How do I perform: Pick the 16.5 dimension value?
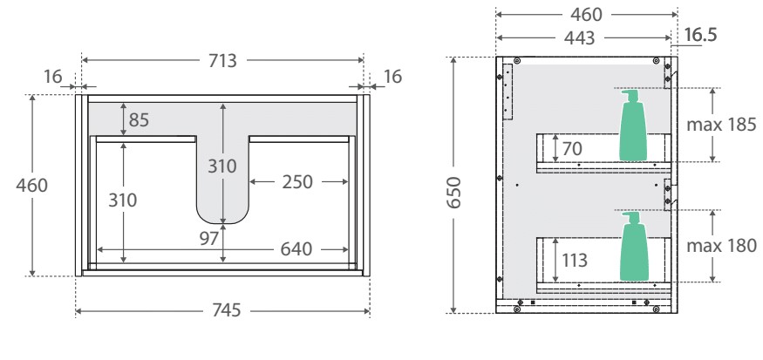pos(700,36)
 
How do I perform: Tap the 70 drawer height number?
pos(571,149)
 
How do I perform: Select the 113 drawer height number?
pos(576,259)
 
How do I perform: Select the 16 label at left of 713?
pos(54,77)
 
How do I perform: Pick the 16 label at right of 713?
pos(392,77)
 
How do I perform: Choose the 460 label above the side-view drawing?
pos(586,14)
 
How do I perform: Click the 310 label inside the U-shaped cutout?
pos(224,163)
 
